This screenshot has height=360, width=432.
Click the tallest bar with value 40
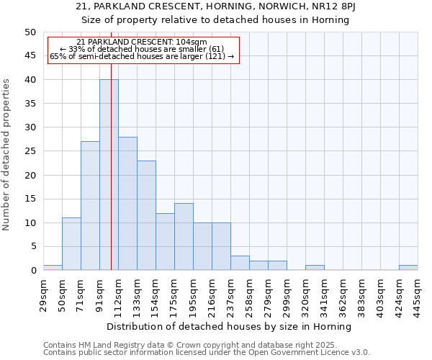[x=109, y=175]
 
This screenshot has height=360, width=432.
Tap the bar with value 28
[x=127, y=204]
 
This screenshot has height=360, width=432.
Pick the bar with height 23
[x=146, y=215]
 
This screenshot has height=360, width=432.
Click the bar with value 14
[x=184, y=237]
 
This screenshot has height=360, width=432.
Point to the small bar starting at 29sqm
[x=53, y=268]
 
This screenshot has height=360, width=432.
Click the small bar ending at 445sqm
[x=408, y=268]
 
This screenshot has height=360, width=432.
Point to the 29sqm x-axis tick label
[x=44, y=294]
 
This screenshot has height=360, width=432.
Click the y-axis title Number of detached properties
[x=7, y=155]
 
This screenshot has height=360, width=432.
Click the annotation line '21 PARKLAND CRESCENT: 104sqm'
[x=142, y=42]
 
